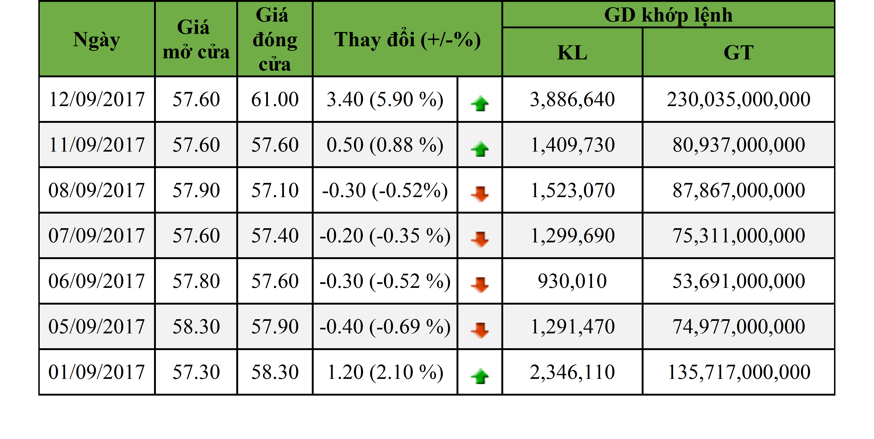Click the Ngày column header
pyautogui.click(x=97, y=40)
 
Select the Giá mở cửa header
pyautogui.click(x=196, y=40)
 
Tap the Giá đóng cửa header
pyautogui.click(x=275, y=40)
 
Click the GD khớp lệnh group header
pyautogui.click(x=668, y=15)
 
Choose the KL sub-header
pyautogui.click(x=572, y=52)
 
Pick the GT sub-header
pyautogui.click(x=739, y=52)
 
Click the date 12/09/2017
pyautogui.click(x=97, y=99)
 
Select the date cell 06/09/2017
pyautogui.click(x=97, y=281)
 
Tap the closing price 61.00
pyautogui.click(x=275, y=99)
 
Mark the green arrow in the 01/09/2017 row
pyautogui.click(x=480, y=376)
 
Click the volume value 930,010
pyautogui.click(x=572, y=281)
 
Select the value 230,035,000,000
pyautogui.click(x=739, y=99)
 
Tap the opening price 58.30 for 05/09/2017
pyautogui.click(x=196, y=326)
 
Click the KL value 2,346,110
pyautogui.click(x=572, y=372)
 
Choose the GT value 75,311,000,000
pyautogui.click(x=739, y=236)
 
